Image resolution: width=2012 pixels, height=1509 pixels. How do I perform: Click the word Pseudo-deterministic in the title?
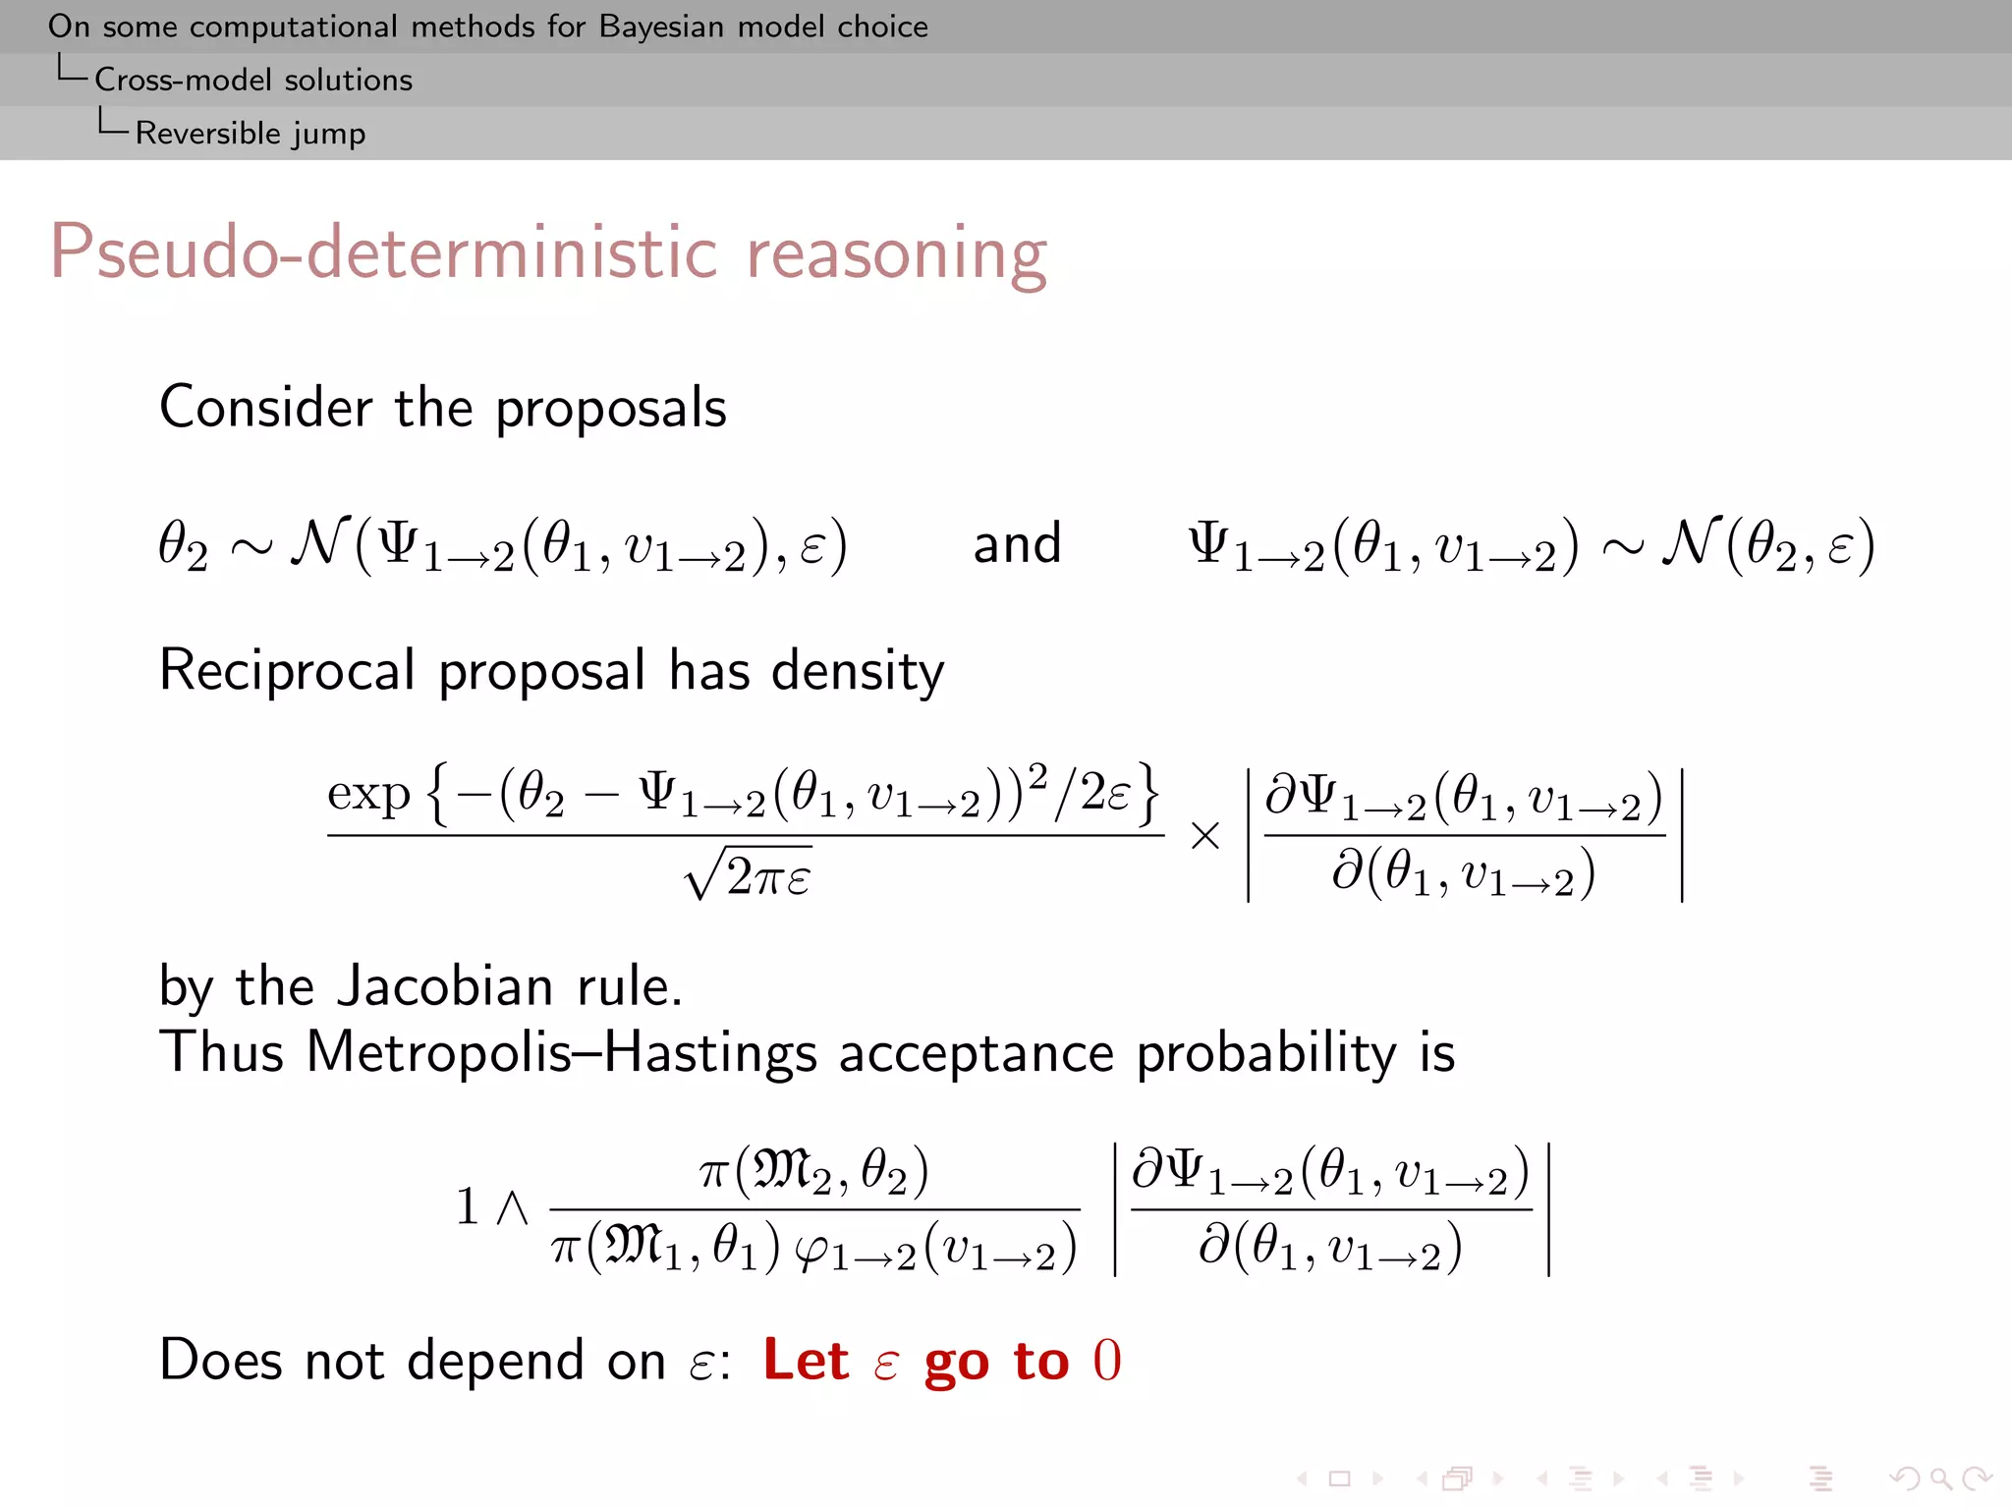tap(383, 253)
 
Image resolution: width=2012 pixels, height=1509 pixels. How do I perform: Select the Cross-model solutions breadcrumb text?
tap(252, 80)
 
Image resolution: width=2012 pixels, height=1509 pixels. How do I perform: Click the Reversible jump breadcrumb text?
tap(250, 133)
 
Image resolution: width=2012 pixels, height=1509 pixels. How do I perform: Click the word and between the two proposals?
tap(1017, 543)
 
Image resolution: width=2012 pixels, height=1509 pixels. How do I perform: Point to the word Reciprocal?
tap(287, 671)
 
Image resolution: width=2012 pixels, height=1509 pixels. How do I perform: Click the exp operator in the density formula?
tap(367, 793)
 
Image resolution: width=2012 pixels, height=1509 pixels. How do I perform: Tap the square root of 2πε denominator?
tap(749, 874)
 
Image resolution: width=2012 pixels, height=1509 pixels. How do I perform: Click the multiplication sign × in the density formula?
tap(1204, 836)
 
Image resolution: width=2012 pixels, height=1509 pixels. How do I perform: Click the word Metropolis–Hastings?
tap(561, 1053)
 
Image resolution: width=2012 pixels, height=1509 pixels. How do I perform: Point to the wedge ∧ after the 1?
tap(512, 1207)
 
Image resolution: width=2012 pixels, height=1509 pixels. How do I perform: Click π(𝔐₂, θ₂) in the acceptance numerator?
tap(813, 1170)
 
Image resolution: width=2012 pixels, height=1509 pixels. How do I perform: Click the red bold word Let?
tap(805, 1361)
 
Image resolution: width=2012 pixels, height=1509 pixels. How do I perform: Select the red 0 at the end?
tap(1106, 1362)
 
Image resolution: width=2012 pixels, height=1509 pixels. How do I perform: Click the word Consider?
tap(266, 408)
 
